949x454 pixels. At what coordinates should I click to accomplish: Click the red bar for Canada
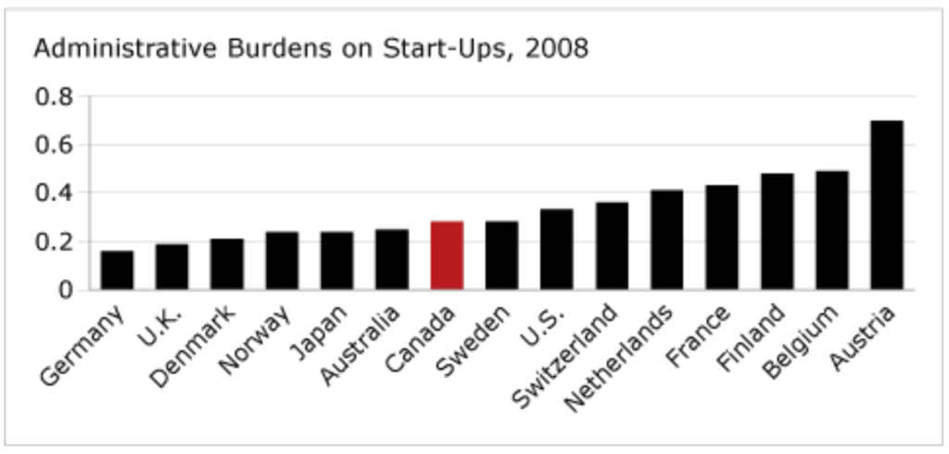pyautogui.click(x=447, y=256)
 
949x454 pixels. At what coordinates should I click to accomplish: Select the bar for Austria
pyautogui.click(x=886, y=205)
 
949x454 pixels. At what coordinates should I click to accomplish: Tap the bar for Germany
pyautogui.click(x=117, y=271)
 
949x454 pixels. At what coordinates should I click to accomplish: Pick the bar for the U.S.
pyautogui.click(x=557, y=250)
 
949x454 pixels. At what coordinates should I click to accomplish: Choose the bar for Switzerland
pyautogui.click(x=612, y=246)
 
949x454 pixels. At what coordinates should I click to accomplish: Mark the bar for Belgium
pyautogui.click(x=831, y=231)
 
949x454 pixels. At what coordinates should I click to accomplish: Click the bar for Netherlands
pyautogui.click(x=666, y=240)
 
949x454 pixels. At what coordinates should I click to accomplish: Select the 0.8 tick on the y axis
pyautogui.click(x=54, y=96)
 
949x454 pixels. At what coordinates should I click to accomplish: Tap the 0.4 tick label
pyautogui.click(x=54, y=194)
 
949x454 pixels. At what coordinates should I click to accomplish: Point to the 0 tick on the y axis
pyautogui.click(x=66, y=290)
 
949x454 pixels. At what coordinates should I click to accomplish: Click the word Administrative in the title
pyautogui.click(x=109, y=48)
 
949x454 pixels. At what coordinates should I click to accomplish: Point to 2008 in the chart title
pyautogui.click(x=556, y=48)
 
